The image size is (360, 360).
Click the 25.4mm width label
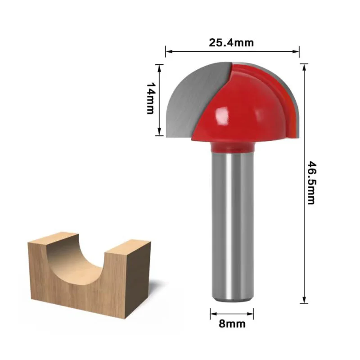click(231, 43)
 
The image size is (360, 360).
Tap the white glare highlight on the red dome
click(221, 118)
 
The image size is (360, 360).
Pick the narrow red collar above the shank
click(232, 147)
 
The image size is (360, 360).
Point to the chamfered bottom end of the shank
click(232, 298)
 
